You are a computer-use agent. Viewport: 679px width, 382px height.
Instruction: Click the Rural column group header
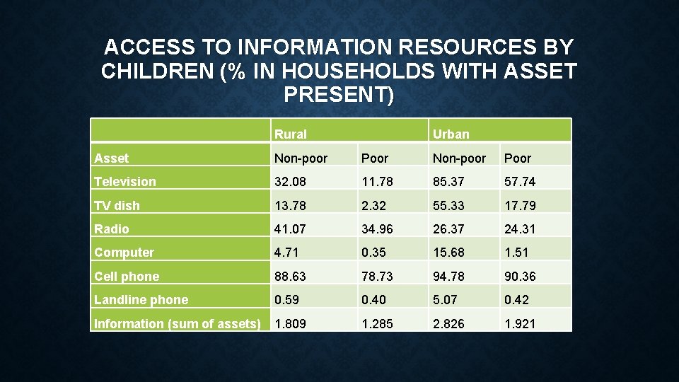tap(291, 134)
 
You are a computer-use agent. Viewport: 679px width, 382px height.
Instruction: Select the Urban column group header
tap(451, 134)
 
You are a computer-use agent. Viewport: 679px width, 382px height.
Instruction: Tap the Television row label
tap(125, 182)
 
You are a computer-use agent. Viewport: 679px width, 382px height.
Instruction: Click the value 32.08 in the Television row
tap(291, 182)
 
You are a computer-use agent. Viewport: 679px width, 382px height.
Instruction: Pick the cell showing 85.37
tap(451, 182)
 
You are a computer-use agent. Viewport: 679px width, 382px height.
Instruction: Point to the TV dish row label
tap(117, 206)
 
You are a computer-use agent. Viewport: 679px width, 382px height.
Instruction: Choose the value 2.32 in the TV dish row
tap(374, 206)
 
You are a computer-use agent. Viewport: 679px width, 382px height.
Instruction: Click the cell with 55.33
tap(451, 206)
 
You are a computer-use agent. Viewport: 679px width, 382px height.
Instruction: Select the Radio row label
tap(112, 229)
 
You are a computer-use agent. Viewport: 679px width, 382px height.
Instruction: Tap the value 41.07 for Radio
tap(291, 229)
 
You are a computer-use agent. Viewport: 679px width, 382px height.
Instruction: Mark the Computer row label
tap(124, 253)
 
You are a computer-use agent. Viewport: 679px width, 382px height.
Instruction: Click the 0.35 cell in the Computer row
tap(374, 253)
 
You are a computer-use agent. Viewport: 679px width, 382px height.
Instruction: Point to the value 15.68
tap(451, 253)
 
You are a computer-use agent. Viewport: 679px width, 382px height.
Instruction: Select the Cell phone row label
tap(127, 277)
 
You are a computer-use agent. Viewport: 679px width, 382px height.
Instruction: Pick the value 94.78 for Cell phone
tap(451, 277)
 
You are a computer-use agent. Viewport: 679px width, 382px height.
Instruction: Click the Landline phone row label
tap(141, 300)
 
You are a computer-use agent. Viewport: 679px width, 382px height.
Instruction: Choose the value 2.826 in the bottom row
tap(451, 324)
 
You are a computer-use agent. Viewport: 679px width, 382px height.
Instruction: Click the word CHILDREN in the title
tap(156, 71)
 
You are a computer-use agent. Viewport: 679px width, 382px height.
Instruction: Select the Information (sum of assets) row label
tap(178, 324)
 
